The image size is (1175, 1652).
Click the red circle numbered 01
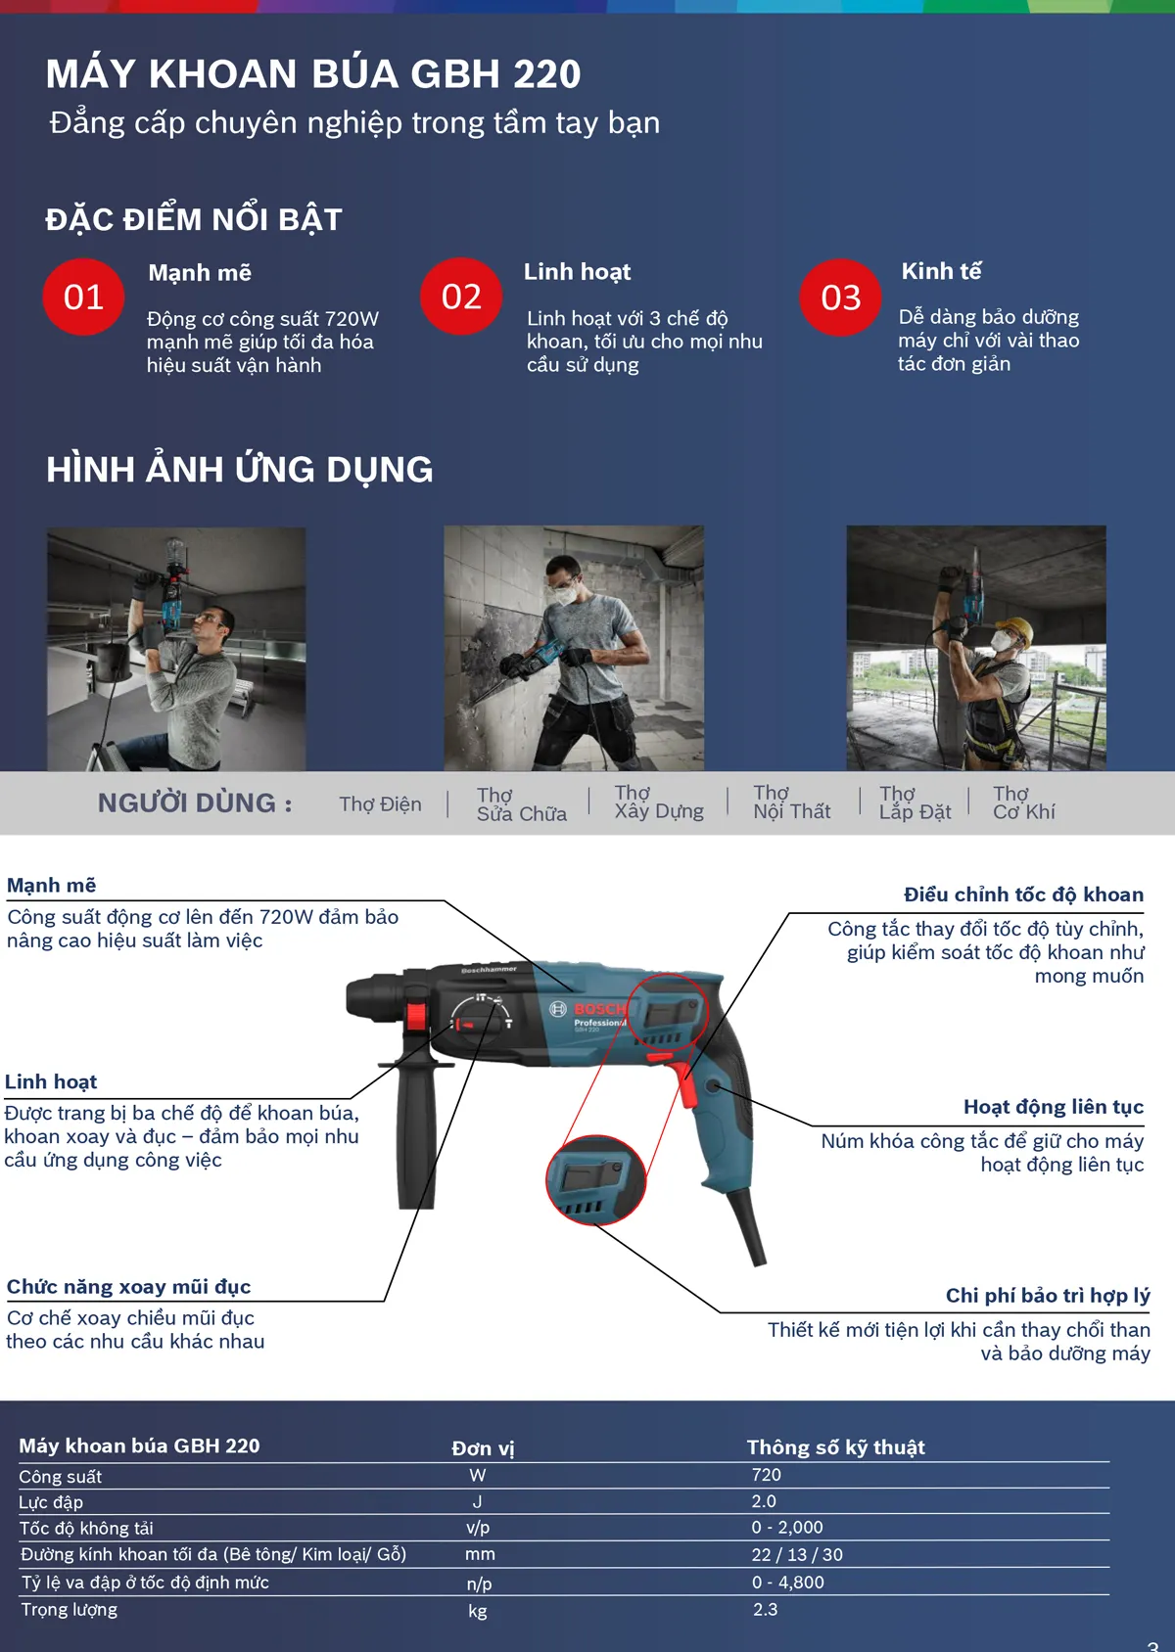(x=83, y=297)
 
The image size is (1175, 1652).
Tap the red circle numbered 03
(x=840, y=297)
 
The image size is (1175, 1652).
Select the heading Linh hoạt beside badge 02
(x=577, y=272)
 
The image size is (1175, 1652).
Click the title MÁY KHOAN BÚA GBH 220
(x=313, y=74)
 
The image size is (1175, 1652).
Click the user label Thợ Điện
(x=380, y=804)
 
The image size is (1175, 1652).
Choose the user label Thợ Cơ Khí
(x=1023, y=803)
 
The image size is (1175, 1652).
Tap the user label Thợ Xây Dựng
(x=659, y=803)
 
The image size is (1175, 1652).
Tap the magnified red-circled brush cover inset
(x=594, y=1180)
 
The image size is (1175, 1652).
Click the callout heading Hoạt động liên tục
(x=1053, y=1107)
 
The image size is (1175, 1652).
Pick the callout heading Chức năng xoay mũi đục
(x=128, y=1287)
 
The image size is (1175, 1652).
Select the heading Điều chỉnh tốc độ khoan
(x=1023, y=895)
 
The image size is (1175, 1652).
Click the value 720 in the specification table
(x=766, y=1475)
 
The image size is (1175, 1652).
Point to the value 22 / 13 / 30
(x=796, y=1555)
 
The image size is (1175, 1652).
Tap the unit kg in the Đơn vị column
(x=477, y=1611)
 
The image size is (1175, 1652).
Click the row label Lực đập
(x=51, y=1502)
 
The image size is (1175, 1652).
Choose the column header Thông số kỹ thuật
(x=835, y=1447)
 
